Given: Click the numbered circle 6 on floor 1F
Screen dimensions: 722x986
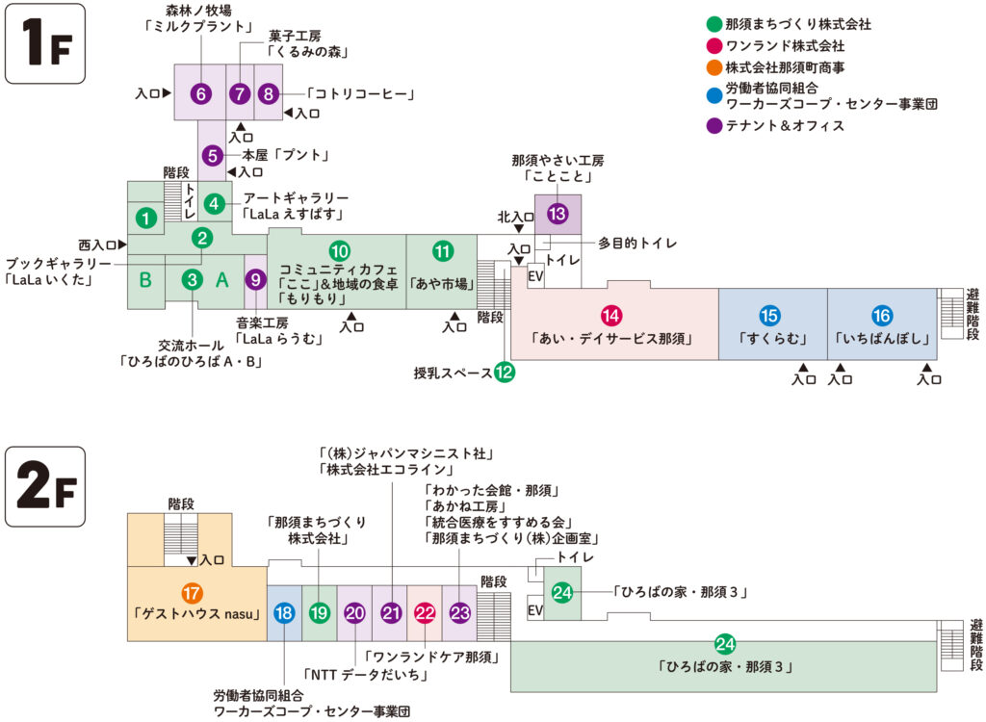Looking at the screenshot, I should pos(200,93).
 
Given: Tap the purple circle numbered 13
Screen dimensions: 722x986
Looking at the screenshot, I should pos(557,214).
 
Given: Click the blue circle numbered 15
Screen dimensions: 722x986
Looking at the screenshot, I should pos(770,315).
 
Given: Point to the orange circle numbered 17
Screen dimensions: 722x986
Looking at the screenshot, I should pos(192,593).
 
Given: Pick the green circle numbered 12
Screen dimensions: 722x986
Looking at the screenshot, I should pos(505,373).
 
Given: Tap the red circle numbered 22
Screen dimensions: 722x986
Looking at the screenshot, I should pos(425,612).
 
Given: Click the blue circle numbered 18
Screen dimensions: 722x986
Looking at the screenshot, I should pos(284,612).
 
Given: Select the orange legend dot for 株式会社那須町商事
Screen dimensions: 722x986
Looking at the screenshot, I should pos(713,67).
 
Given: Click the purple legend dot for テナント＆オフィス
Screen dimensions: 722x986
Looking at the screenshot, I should pos(713,125).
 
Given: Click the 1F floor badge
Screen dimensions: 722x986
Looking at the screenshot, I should pos(45,45).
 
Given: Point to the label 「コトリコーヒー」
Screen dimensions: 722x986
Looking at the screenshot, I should pos(360,93).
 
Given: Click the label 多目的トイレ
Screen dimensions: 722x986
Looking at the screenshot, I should pos(637,244).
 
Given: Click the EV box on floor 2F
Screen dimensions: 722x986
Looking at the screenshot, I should pos(535,609).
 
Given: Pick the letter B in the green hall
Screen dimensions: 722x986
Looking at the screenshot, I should pos(145,280).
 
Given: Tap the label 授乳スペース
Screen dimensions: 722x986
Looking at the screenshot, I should pos(453,373).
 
